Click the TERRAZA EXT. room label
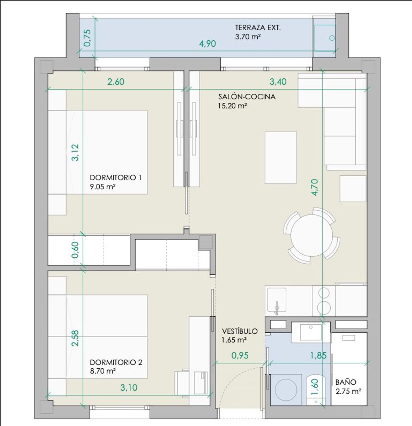point(258,27)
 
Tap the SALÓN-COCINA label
point(247,97)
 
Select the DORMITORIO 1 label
point(116,177)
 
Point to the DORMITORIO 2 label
point(116,362)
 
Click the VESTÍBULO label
point(240,331)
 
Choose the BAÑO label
point(346,382)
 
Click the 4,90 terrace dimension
point(207,44)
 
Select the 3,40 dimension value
point(278,82)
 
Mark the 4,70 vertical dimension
point(315,187)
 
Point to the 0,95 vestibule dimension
point(240,355)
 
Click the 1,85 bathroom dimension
point(318,355)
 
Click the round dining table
point(312,235)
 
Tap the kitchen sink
point(277,300)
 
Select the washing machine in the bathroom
point(286,390)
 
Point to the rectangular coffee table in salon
point(281,157)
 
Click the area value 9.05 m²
point(102,187)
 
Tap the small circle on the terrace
point(332,38)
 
